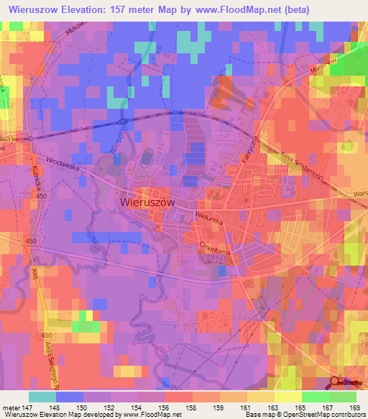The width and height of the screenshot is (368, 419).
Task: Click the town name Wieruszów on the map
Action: [145, 203]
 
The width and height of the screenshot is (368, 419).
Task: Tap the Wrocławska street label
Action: [62, 163]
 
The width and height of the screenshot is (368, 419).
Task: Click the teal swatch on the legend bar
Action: [42, 396]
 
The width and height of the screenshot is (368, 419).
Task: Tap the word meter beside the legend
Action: [11, 407]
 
